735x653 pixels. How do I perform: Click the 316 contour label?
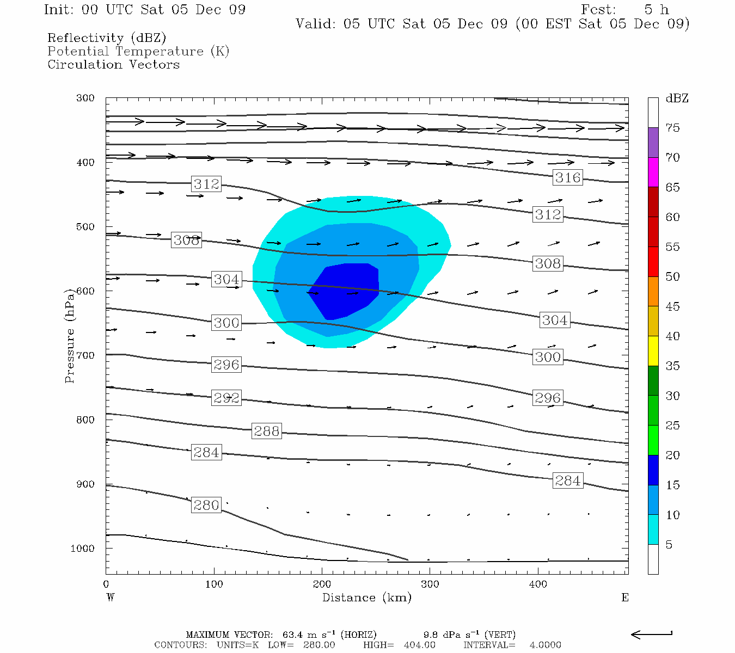pyautogui.click(x=568, y=177)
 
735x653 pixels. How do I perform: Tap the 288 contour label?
pyautogui.click(x=267, y=431)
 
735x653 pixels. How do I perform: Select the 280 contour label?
pyautogui.click(x=206, y=505)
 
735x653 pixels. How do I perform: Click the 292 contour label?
pyautogui.click(x=226, y=398)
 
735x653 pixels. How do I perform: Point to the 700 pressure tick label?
pyautogui.click(x=85, y=355)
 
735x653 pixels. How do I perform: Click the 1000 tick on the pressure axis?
pyautogui.click(x=83, y=549)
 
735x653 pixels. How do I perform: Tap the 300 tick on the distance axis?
pyautogui.click(x=430, y=584)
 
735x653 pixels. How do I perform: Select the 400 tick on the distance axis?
pyautogui.click(x=538, y=584)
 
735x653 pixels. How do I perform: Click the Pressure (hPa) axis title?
pyautogui.click(x=69, y=336)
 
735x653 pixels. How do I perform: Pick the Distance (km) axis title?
pyautogui.click(x=366, y=597)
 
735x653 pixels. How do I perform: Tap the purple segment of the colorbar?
pyautogui.click(x=653, y=143)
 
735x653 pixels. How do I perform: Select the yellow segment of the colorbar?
pyautogui.click(x=653, y=351)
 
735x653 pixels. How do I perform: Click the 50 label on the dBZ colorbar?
pyautogui.click(x=672, y=276)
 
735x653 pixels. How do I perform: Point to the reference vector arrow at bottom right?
pyautogui.click(x=651, y=634)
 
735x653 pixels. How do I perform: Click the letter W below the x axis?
pyautogui.click(x=111, y=597)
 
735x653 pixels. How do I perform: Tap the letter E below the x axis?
pyautogui.click(x=625, y=597)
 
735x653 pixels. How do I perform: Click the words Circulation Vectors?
pyautogui.click(x=113, y=64)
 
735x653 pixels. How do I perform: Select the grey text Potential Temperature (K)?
pyautogui.click(x=138, y=51)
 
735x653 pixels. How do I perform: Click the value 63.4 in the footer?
pyautogui.click(x=294, y=634)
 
